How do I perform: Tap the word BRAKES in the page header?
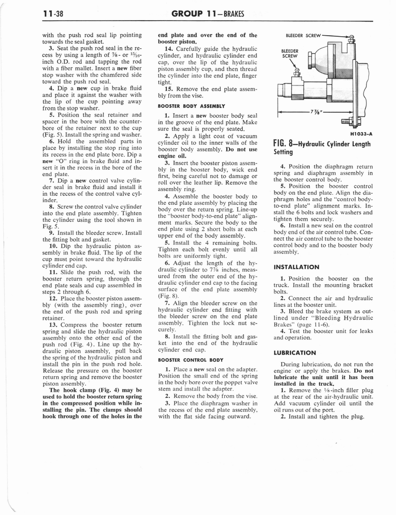[x=231, y=14]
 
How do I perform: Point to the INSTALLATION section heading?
[x=296, y=267]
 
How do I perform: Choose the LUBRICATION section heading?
[x=294, y=353]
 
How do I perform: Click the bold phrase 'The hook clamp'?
[x=73, y=390]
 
